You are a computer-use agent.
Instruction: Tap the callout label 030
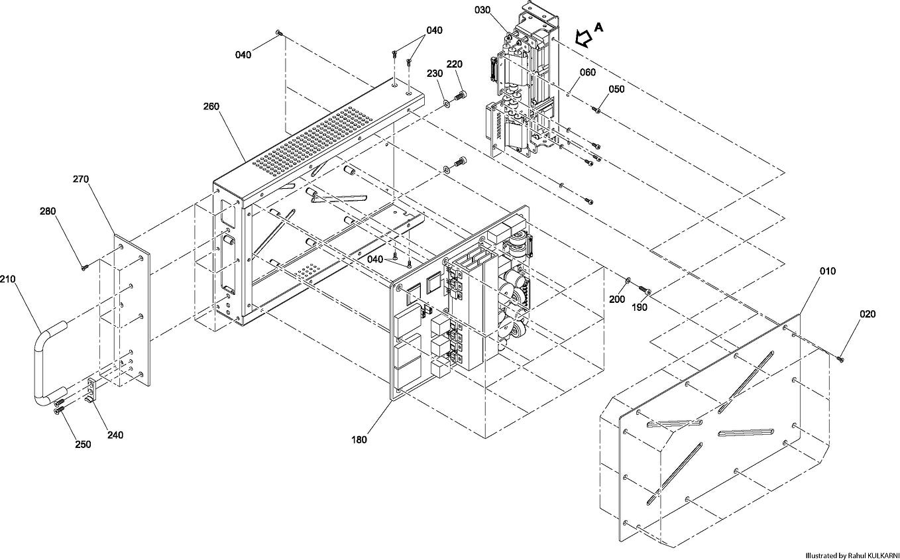tap(484, 10)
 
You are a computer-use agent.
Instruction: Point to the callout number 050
tap(616, 89)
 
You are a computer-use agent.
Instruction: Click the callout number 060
tap(588, 72)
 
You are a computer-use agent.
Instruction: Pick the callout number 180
tap(359, 439)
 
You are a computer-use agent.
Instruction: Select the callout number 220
tap(454, 64)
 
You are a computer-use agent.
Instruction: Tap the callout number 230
tap(434, 73)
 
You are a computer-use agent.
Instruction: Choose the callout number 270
tap(81, 179)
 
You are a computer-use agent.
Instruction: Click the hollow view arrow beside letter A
tap(584, 37)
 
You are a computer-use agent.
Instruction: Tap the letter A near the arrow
tap(599, 27)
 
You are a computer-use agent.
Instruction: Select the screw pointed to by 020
tap(840, 359)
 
